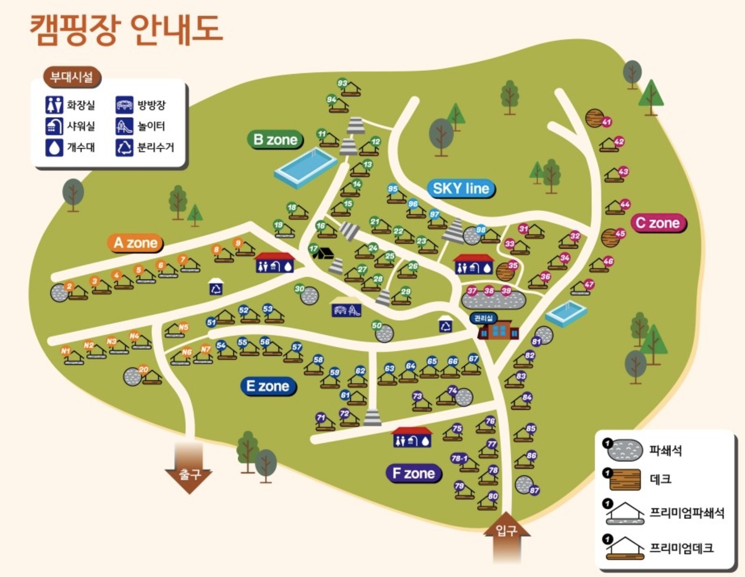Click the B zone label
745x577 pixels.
click(276, 140)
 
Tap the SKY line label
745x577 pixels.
click(461, 189)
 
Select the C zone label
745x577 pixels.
click(657, 223)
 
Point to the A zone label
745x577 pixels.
click(135, 243)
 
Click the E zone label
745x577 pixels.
click(267, 386)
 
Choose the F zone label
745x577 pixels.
click(414, 473)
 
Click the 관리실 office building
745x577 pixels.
click(498, 328)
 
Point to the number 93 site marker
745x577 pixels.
click(342, 83)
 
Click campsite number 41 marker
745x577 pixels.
click(606, 122)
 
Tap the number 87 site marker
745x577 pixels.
click(534, 490)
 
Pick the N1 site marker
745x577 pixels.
click(66, 351)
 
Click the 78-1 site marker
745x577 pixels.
click(459, 458)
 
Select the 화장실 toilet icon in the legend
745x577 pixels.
click(54, 105)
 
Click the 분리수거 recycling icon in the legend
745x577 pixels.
click(124, 147)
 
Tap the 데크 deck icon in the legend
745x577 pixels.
click(625, 479)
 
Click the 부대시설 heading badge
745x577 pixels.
click(72, 77)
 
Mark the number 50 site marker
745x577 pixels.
click(377, 326)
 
